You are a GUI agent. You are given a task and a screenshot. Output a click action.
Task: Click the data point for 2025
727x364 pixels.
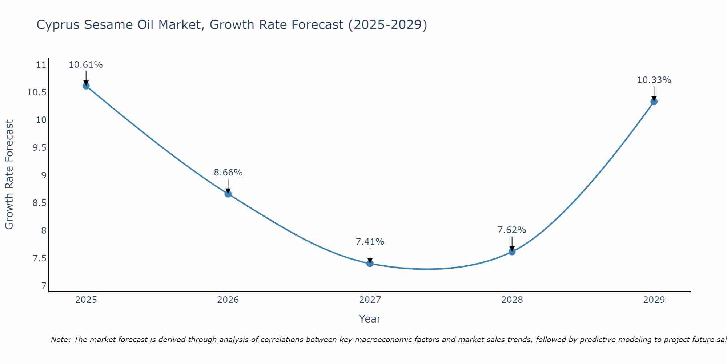click(86, 86)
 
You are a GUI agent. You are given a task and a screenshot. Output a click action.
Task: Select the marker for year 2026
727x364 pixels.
click(228, 194)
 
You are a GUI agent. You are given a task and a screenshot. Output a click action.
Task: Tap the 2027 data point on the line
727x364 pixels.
click(370, 263)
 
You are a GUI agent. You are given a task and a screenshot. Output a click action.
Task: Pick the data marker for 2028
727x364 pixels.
click(512, 252)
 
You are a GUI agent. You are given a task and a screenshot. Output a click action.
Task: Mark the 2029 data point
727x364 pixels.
click(654, 102)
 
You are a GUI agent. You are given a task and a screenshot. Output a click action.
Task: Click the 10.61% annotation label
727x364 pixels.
click(86, 65)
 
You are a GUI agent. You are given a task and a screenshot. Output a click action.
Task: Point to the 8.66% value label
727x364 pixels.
click(228, 173)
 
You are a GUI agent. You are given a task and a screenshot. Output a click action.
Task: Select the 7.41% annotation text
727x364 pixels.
click(370, 242)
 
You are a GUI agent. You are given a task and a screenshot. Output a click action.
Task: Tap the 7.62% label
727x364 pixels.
click(512, 230)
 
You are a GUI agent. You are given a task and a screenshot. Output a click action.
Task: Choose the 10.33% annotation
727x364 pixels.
click(654, 80)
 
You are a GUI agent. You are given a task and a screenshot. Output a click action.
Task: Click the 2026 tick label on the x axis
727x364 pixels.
click(228, 300)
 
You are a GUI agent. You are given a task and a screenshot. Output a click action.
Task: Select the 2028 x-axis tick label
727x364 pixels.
click(512, 300)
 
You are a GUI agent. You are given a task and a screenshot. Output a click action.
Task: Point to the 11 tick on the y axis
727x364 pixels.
click(41, 65)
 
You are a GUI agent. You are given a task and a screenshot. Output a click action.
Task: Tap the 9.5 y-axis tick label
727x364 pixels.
click(39, 148)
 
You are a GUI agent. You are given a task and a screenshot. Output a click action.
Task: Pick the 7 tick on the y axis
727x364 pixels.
click(44, 286)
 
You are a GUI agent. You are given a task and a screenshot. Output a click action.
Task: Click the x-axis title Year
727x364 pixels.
click(370, 319)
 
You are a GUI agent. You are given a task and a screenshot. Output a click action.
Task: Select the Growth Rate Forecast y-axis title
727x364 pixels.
click(9, 175)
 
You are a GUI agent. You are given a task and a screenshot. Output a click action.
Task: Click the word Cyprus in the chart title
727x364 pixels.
click(58, 25)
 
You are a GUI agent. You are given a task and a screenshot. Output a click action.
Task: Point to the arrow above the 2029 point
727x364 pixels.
click(654, 93)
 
